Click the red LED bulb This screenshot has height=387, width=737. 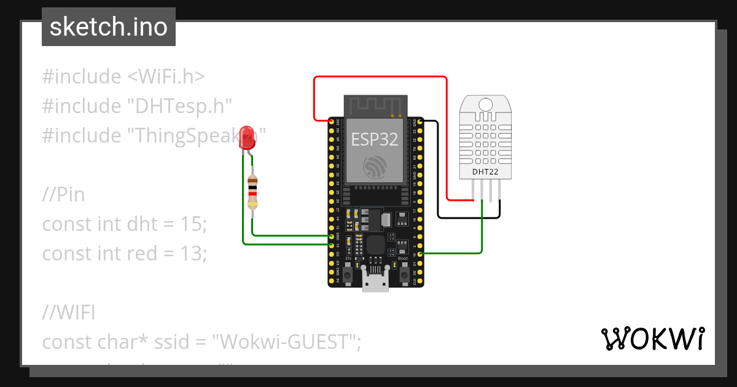pyautogui.click(x=248, y=135)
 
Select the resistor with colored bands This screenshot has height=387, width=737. pyautogui.click(x=252, y=192)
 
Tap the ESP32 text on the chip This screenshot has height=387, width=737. pyautogui.click(x=375, y=139)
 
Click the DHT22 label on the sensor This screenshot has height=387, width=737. pyautogui.click(x=485, y=171)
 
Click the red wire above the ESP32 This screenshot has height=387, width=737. pyautogui.click(x=381, y=77)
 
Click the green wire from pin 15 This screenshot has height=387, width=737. pyautogui.click(x=454, y=252)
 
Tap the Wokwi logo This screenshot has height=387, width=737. pyautogui.click(x=652, y=338)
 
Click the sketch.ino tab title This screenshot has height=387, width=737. pyautogui.click(x=108, y=27)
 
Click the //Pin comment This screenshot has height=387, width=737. pyautogui.click(x=63, y=195)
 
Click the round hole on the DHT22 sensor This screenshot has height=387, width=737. pyautogui.click(x=485, y=104)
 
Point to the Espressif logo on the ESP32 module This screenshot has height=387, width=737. pyautogui.click(x=375, y=166)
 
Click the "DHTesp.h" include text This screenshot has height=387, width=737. pyautogui.click(x=179, y=106)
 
